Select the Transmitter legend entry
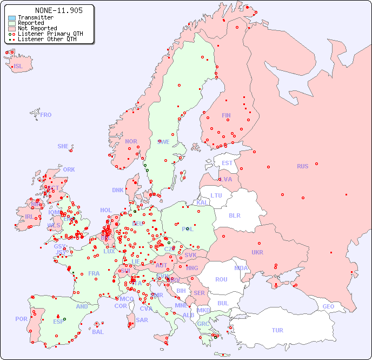pyautogui.click(x=36, y=18)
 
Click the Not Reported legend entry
pyautogui.click(x=37, y=29)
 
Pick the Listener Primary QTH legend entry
pyautogui.click(x=50, y=34)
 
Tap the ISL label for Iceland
pyautogui.click(x=18, y=67)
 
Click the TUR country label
pyautogui.click(x=277, y=330)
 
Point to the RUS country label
pyautogui.click(x=302, y=166)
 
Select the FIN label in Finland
pyautogui.click(x=226, y=115)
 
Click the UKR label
pyautogui.click(x=257, y=252)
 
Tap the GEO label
pyautogui.click(x=328, y=306)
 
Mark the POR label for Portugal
pyautogui.click(x=21, y=319)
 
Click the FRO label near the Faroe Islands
pyautogui.click(x=46, y=115)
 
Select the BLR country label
pyautogui.click(x=234, y=215)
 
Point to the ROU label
pyautogui.click(x=221, y=279)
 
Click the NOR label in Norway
pyautogui.click(x=131, y=141)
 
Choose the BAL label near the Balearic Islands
pyautogui.click(x=98, y=332)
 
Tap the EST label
pyautogui.click(x=227, y=163)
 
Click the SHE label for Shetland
pyautogui.click(x=63, y=146)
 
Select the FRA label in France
pyautogui.click(x=94, y=273)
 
